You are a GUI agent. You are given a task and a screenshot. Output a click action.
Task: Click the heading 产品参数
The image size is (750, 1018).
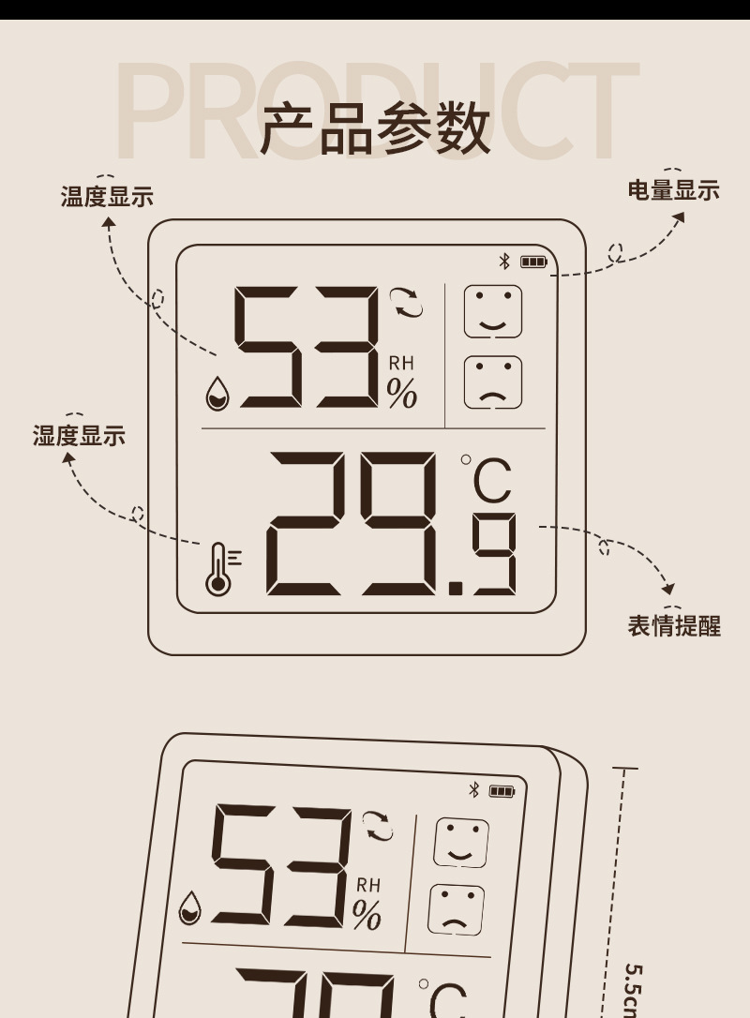click(375, 129)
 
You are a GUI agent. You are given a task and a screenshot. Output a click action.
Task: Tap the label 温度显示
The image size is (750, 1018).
click(107, 197)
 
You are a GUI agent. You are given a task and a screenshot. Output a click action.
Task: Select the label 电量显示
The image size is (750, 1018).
click(673, 190)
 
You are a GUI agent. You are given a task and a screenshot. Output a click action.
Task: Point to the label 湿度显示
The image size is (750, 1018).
click(79, 436)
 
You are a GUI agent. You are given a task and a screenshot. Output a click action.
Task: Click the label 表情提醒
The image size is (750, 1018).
click(673, 625)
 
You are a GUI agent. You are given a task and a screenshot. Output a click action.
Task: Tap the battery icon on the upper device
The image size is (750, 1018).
click(533, 262)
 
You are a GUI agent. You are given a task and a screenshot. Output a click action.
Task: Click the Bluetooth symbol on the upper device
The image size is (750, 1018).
click(503, 261)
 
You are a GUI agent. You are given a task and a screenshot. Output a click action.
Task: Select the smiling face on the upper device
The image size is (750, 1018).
click(493, 312)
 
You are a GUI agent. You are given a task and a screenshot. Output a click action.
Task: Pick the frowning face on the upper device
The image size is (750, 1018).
click(493, 382)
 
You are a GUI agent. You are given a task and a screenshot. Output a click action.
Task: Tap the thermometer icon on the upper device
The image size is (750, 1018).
click(218, 569)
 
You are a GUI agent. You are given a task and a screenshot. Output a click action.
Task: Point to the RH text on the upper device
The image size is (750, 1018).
click(401, 364)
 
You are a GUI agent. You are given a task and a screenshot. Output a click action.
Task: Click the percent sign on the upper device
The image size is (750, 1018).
click(402, 395)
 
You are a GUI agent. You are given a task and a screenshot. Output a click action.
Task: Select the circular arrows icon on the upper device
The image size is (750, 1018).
click(408, 303)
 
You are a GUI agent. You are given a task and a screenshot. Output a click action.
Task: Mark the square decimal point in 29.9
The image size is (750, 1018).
click(457, 588)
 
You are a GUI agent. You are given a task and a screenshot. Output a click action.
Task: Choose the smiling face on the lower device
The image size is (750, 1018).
click(461, 843)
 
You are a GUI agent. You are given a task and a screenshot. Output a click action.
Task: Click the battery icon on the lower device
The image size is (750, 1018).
click(502, 791)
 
